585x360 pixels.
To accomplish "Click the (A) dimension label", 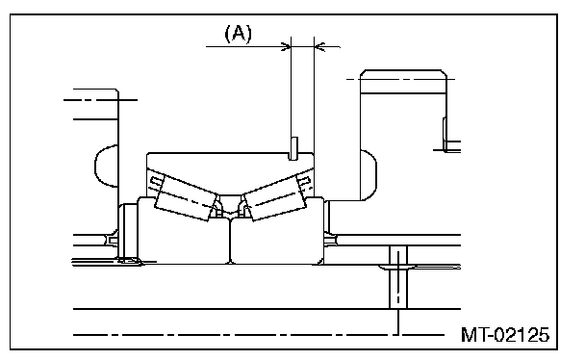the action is click(x=238, y=33).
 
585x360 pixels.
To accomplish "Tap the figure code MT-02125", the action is click(x=505, y=335).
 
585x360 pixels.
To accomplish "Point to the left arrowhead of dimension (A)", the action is click(x=286, y=46).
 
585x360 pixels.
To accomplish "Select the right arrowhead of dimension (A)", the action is click(x=319, y=47).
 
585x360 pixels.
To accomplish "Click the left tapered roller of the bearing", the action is click(x=186, y=197).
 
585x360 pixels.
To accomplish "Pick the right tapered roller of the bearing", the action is click(x=275, y=198).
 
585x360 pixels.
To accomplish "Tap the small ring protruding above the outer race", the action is click(x=293, y=148).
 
